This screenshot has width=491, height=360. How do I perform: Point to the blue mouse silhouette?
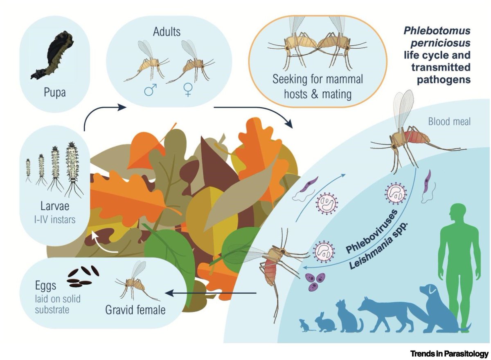pos(305,325)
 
